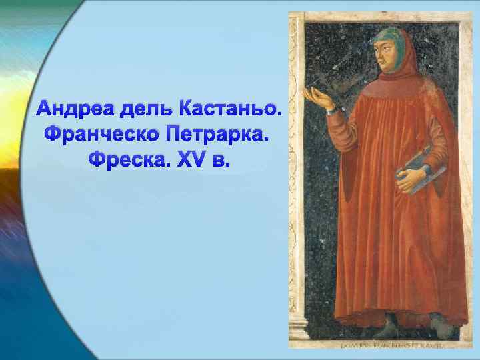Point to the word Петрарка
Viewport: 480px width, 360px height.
(x=218, y=134)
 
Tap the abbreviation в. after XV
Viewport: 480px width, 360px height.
(x=217, y=160)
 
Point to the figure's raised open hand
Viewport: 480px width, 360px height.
(x=316, y=99)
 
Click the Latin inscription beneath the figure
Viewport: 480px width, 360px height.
(x=384, y=346)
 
